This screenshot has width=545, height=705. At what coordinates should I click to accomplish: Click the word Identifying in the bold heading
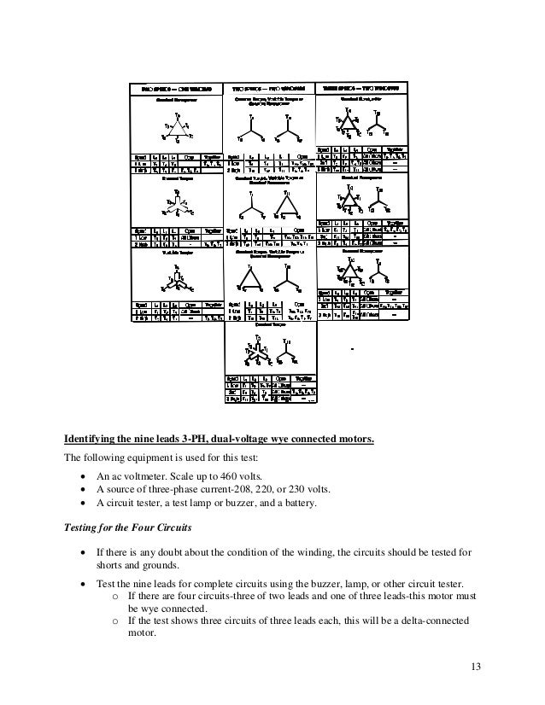(x=95, y=440)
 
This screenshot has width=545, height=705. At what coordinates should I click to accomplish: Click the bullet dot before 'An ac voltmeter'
(x=81, y=475)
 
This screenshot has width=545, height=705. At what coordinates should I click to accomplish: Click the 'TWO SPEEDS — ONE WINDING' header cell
(x=176, y=87)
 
